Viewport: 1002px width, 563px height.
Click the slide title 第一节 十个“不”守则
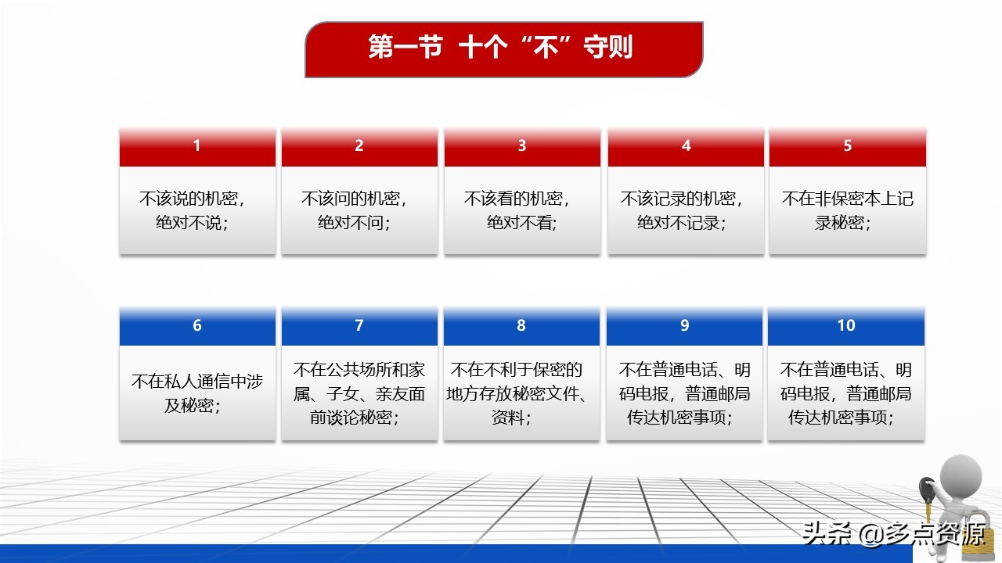500,47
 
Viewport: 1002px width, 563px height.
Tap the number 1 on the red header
196,145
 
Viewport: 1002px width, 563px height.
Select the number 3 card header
522,147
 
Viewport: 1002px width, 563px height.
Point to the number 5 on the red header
847,145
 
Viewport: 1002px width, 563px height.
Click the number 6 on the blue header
196,325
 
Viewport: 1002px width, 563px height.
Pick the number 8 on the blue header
521,325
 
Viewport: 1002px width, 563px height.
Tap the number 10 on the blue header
846,325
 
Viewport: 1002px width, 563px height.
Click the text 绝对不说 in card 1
189,223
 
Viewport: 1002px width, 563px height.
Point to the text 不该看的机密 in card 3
513,199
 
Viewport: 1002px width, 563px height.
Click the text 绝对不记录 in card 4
678,223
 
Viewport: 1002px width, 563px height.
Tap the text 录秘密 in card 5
839,223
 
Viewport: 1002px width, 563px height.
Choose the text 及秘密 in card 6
189,405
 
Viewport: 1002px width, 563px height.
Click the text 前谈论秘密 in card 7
351,418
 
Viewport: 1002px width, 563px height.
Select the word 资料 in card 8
508,418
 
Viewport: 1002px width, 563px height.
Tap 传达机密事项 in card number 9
676,418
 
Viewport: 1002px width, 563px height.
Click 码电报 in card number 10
806,393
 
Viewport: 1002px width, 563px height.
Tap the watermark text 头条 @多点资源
894,533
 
